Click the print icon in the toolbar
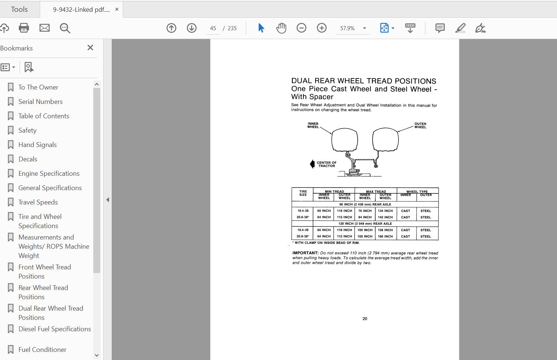[x=24, y=28]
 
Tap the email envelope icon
[x=45, y=28]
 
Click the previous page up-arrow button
[x=171, y=28]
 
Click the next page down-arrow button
[x=192, y=28]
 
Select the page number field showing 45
[x=213, y=28]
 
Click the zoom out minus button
[x=302, y=28]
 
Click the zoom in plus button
[x=322, y=28]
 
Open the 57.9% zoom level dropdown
[x=364, y=28]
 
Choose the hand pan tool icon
[x=281, y=28]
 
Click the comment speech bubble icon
[x=440, y=28]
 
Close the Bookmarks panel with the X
[x=90, y=48]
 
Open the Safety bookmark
[x=27, y=130]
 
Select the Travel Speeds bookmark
[x=38, y=202]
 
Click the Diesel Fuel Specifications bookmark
[x=55, y=329]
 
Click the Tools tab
[x=19, y=9]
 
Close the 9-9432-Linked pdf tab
[x=117, y=10]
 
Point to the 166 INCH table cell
[x=385, y=237]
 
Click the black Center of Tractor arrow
[x=312, y=164]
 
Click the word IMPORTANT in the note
[x=305, y=253]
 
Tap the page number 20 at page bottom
[x=365, y=319]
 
